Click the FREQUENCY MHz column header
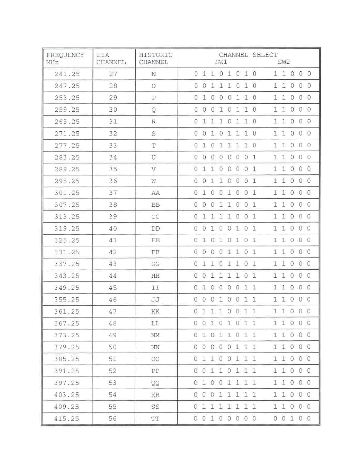pyautogui.click(x=65, y=58)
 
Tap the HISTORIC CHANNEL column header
pyautogui.click(x=155, y=58)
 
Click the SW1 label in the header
pyautogui.click(x=221, y=62)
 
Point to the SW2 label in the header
pyautogui.click(x=284, y=62)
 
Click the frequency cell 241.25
pyautogui.click(x=67, y=74)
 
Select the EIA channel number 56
pyautogui.click(x=113, y=418)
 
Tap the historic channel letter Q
pyautogui.click(x=154, y=110)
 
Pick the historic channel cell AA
pyautogui.click(x=155, y=193)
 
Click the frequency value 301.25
pyautogui.click(x=67, y=193)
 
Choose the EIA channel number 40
pyautogui.click(x=113, y=229)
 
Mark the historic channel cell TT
pyautogui.click(x=155, y=418)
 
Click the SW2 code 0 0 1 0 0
pyautogui.click(x=292, y=418)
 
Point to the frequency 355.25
pyautogui.click(x=67, y=300)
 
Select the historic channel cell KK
pyautogui.click(x=155, y=312)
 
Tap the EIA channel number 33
pyautogui.click(x=113, y=145)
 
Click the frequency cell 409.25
pyautogui.click(x=67, y=407)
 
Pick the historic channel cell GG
pyautogui.click(x=155, y=264)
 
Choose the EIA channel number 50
pyautogui.click(x=113, y=347)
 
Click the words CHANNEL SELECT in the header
pyautogui.click(x=248, y=55)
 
